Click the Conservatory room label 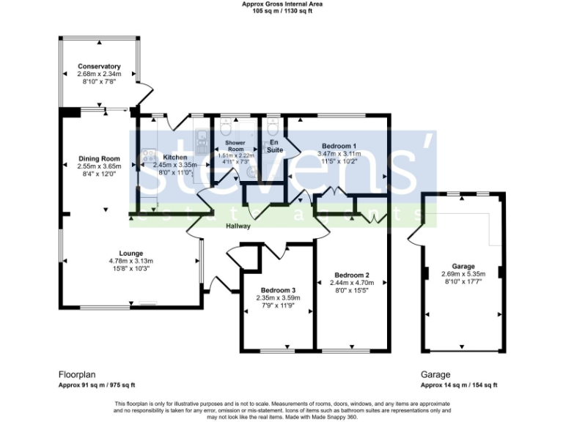pyautogui.click(x=99, y=67)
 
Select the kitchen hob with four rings pyautogui.click(x=146, y=155)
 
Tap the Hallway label pyautogui.click(x=238, y=226)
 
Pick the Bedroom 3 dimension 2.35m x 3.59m pyautogui.click(x=278, y=297)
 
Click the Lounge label pyautogui.click(x=132, y=253)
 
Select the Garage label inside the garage pyautogui.click(x=463, y=266)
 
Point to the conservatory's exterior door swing pyautogui.click(x=147, y=92)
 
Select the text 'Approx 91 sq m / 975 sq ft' pyautogui.click(x=97, y=385)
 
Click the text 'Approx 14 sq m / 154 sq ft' pyautogui.click(x=459, y=385)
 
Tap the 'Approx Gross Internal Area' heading pyautogui.click(x=282, y=4)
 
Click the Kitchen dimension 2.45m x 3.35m pyautogui.click(x=175, y=166)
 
